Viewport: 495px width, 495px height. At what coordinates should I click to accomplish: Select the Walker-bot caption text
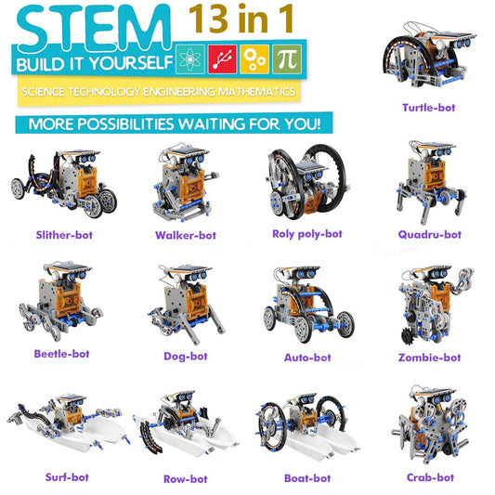click(x=186, y=235)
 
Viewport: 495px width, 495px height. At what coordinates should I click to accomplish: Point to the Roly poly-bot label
click(x=307, y=234)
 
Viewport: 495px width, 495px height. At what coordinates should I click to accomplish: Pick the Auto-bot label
click(x=307, y=357)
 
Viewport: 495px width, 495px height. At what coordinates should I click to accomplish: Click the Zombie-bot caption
click(x=428, y=357)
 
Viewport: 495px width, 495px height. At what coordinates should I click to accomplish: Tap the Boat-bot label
click(x=307, y=478)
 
